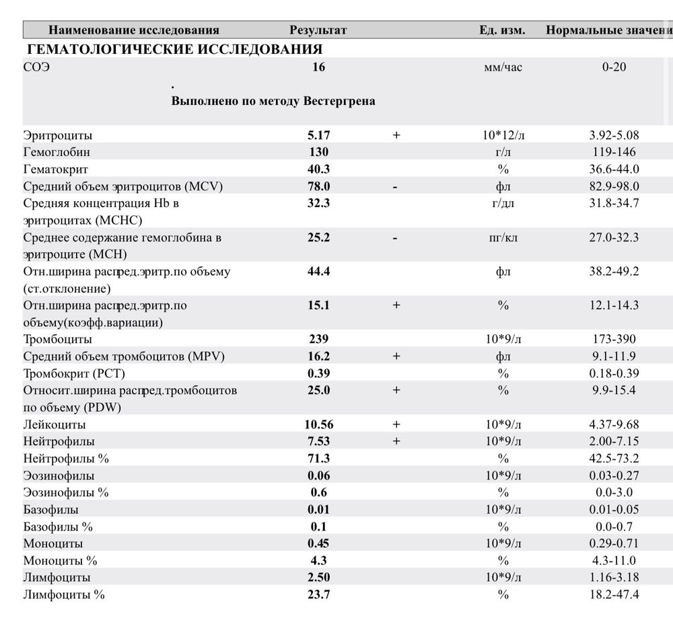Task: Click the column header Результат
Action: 318,30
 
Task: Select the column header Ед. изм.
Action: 502,30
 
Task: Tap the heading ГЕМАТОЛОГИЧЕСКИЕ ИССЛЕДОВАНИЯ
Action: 174,49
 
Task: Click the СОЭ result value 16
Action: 318,67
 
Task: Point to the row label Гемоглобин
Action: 57,152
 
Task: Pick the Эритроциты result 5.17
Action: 318,135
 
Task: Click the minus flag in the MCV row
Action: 396,186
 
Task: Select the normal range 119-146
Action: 614,152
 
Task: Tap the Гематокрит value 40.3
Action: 318,169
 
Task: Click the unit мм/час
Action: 503,67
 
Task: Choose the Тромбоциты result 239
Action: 318,340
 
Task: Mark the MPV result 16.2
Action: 318,356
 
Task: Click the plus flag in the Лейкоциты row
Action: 396,424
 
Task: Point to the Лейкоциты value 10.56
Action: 318,424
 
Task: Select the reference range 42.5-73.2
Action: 614,459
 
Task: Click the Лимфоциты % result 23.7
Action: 318,594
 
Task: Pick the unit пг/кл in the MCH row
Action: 503,237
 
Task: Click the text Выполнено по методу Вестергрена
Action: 273,102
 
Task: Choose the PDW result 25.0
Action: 318,390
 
